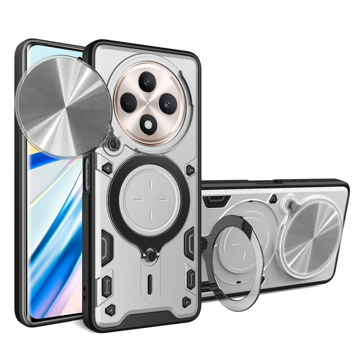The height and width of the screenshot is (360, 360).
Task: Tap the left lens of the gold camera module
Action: tap(129, 102)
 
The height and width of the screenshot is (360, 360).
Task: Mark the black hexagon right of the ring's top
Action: tap(191, 169)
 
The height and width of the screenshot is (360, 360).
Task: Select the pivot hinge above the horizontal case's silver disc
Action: tap(290, 204)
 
